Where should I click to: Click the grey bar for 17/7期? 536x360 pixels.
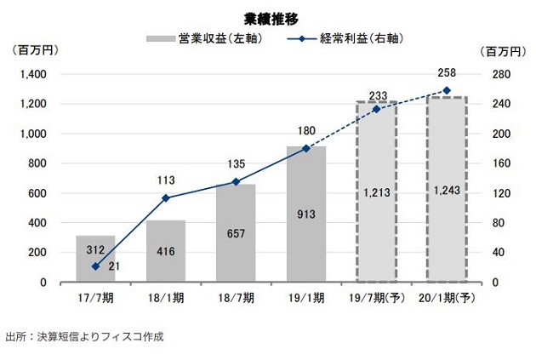coord(95,259)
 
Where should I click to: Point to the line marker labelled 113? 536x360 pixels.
coord(166,198)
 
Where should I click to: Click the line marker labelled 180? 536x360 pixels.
coord(306,148)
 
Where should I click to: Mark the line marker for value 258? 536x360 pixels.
coord(447,90)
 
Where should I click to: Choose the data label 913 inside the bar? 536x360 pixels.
coord(306,214)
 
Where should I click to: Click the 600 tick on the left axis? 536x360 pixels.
coord(37,193)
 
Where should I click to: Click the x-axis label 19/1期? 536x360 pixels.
coord(306,297)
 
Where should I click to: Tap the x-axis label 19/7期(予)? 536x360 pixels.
coord(376,297)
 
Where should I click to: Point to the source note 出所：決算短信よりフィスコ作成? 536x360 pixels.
coord(83,336)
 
